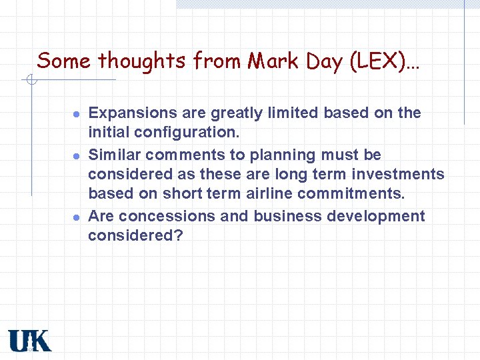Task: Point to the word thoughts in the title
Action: pos(141,61)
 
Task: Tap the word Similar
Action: pos(115,155)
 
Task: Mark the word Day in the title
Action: pos(323,61)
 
